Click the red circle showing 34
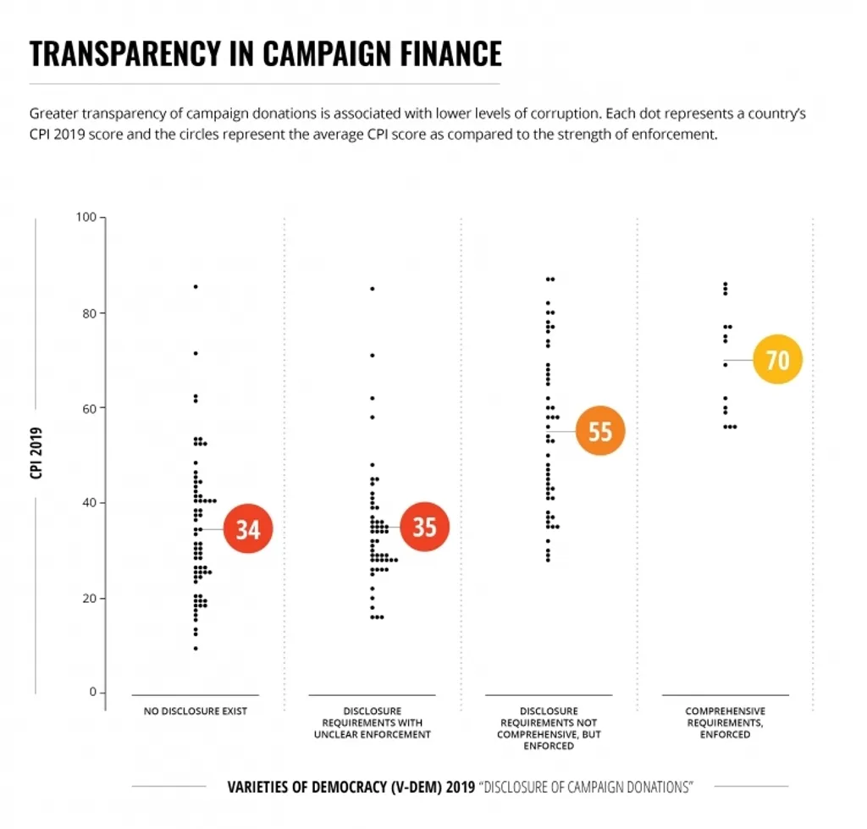247,529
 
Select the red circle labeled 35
424,527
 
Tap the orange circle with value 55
599,432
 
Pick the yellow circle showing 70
777,360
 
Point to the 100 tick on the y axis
86,218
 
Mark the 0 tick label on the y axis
92,693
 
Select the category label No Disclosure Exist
195,711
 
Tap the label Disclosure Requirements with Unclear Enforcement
372,722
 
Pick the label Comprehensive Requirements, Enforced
725,722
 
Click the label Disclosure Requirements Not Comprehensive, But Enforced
549,728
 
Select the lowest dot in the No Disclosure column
196,649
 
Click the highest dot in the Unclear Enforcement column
372,289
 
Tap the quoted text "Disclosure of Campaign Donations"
586,788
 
